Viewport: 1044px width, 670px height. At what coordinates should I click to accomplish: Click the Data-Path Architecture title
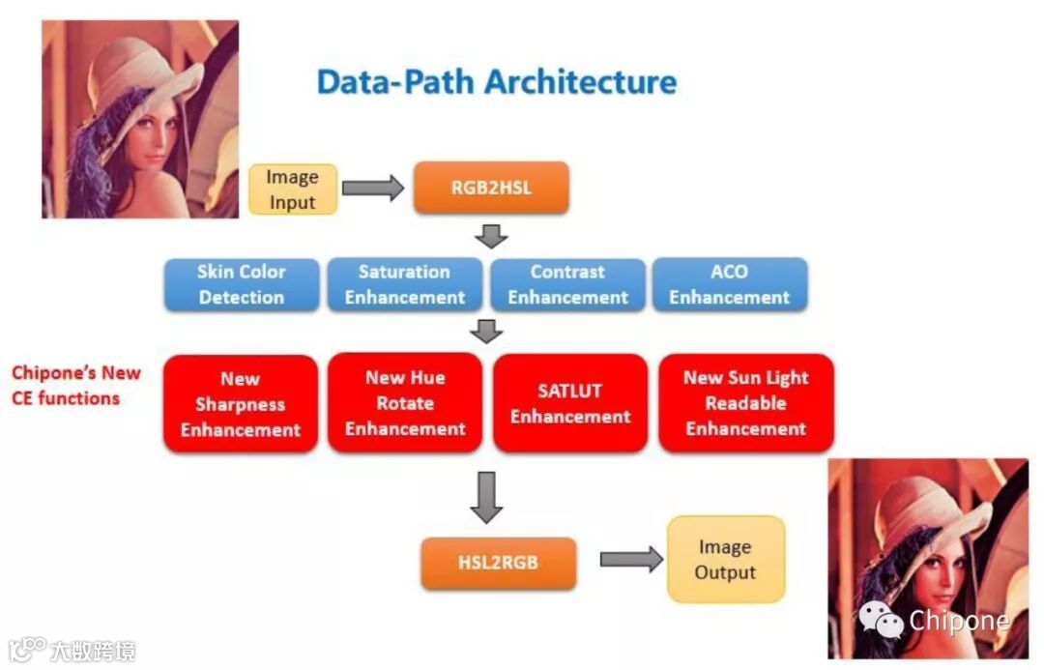pos(497,81)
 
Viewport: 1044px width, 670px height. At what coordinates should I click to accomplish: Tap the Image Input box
pos(293,189)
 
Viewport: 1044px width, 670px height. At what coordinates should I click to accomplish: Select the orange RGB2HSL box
pos(491,188)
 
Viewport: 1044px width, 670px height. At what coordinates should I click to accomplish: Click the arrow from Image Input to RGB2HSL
pos(373,188)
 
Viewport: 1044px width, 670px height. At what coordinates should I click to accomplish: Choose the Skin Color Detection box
pos(241,284)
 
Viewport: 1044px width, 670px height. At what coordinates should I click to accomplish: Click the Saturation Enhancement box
pos(404,284)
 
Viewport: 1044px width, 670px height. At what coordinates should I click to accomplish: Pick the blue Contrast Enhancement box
pos(567,284)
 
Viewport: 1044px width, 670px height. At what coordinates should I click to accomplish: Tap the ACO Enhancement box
pos(729,284)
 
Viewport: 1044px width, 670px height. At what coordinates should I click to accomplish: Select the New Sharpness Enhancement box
pos(241,404)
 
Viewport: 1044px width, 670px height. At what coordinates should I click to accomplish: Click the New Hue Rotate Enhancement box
pos(405,403)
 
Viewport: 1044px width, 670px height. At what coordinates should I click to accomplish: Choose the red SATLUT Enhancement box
pos(570,403)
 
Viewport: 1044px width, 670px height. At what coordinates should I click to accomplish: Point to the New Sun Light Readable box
pos(745,403)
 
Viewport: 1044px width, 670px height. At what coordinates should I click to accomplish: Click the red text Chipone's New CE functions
pos(75,385)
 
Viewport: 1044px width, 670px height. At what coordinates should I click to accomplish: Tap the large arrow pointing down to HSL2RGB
pos(486,497)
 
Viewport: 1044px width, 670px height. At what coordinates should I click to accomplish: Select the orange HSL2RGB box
pos(498,563)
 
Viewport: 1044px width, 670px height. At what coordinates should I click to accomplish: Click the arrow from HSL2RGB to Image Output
pos(630,559)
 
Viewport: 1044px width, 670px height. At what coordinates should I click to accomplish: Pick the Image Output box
pos(725,560)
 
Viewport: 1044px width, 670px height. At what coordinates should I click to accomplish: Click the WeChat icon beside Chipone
pos(882,619)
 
